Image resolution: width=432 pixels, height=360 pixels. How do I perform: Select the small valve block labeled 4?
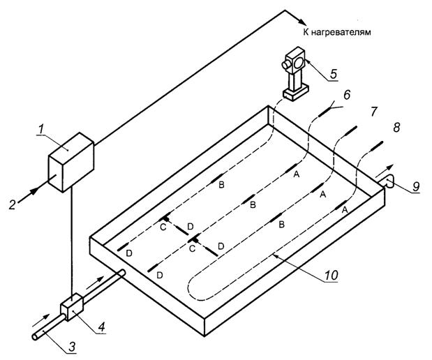point(72,308)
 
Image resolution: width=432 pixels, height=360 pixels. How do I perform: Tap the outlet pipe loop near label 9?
point(391,183)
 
